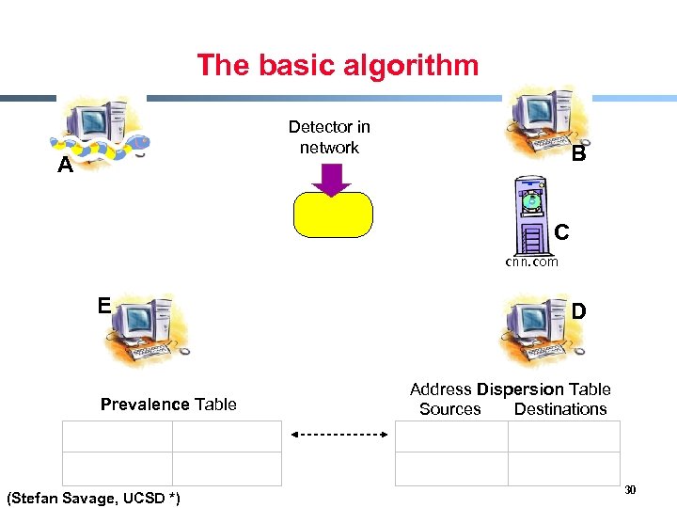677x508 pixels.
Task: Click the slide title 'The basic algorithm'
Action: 338,65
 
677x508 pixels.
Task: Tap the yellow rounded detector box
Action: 333,214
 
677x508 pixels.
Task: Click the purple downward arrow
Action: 330,179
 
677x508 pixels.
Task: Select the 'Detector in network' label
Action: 329,136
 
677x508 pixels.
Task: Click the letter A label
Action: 65,167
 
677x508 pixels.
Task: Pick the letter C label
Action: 560,230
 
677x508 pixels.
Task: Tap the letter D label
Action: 579,310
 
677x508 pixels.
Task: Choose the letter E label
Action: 105,305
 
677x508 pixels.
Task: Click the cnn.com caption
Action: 531,262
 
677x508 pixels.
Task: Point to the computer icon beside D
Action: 536,330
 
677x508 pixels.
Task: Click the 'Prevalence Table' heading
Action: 168,405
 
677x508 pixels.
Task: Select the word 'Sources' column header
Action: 449,409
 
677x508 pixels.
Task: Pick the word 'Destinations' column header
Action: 560,409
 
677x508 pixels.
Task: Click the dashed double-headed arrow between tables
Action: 339,436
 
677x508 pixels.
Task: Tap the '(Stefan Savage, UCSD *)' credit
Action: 93,496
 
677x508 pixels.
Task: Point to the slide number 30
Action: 630,489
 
